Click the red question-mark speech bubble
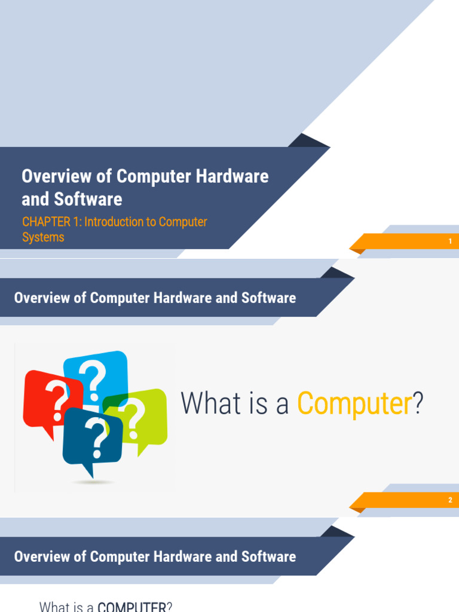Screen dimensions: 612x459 click(x=45, y=397)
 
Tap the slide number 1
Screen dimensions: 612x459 click(x=450, y=241)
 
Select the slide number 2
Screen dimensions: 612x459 click(x=450, y=500)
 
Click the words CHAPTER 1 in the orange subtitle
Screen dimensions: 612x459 click(x=51, y=222)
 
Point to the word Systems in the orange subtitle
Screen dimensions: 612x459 click(x=43, y=237)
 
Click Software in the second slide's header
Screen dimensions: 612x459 click(x=268, y=298)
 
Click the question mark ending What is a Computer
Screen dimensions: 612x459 click(x=418, y=403)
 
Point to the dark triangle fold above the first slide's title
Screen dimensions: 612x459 click(x=308, y=141)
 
